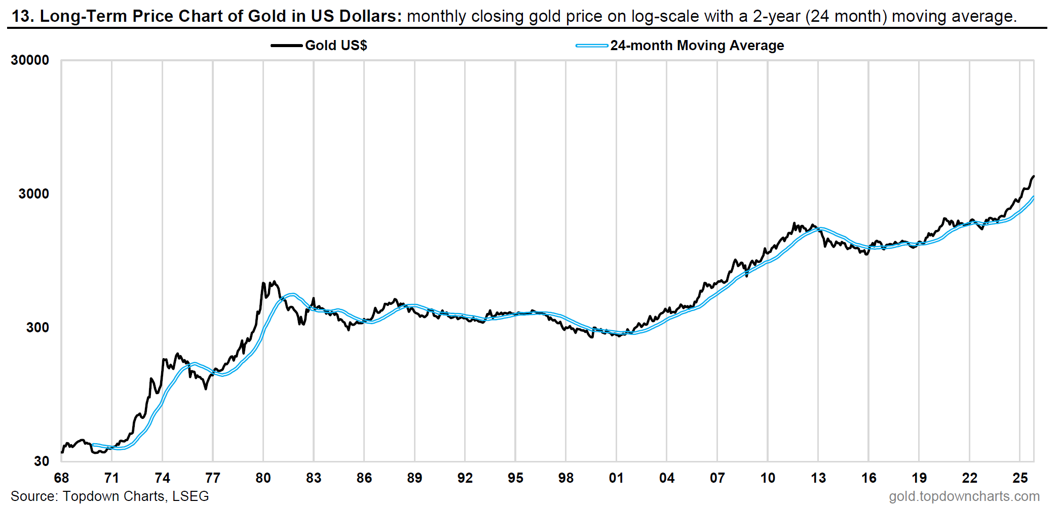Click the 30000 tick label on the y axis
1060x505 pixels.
30,60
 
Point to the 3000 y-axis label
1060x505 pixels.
33,194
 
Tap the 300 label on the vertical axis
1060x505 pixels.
37,328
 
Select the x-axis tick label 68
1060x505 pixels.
61,478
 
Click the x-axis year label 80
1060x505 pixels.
263,478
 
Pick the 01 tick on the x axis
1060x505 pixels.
616,478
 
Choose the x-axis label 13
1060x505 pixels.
818,478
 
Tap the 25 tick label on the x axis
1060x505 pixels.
1019,478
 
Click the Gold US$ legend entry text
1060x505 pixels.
336,46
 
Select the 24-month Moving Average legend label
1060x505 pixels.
697,46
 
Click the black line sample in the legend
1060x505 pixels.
286,46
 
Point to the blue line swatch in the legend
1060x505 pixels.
591,46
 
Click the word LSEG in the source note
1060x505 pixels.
191,496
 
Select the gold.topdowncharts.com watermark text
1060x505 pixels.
964,496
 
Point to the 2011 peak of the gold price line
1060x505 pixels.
794,223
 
